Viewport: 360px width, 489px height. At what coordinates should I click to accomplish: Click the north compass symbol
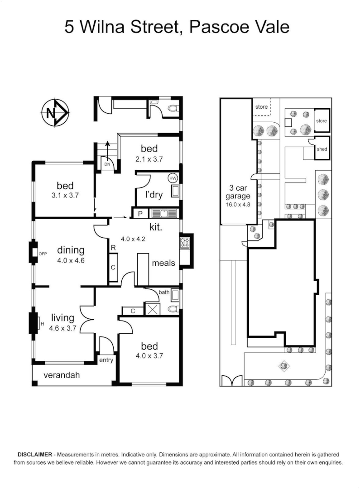(55, 113)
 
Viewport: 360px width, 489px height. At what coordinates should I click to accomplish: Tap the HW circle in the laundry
(173, 178)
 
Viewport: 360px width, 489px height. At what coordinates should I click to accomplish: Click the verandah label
(62, 375)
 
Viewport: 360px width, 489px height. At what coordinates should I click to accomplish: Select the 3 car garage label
(238, 192)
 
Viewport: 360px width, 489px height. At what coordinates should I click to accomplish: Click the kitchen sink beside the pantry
(164, 213)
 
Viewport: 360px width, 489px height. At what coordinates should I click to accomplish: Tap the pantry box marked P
(140, 214)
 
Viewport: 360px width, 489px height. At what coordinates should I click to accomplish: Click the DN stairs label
(107, 164)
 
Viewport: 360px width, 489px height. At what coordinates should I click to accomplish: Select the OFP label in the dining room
(43, 254)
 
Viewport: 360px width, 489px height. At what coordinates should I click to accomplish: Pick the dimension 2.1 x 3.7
(149, 159)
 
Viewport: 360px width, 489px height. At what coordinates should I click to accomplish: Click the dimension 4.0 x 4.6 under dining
(71, 260)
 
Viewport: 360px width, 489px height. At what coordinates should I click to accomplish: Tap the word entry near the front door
(106, 360)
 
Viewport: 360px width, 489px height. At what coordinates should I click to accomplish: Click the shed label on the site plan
(322, 149)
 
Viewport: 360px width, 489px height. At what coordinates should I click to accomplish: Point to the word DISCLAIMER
(35, 455)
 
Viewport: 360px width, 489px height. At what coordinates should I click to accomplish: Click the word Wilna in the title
(103, 27)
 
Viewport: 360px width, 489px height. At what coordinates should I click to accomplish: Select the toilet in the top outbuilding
(173, 108)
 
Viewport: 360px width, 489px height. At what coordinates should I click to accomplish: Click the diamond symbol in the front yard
(283, 365)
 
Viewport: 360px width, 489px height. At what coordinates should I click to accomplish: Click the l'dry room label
(154, 195)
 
